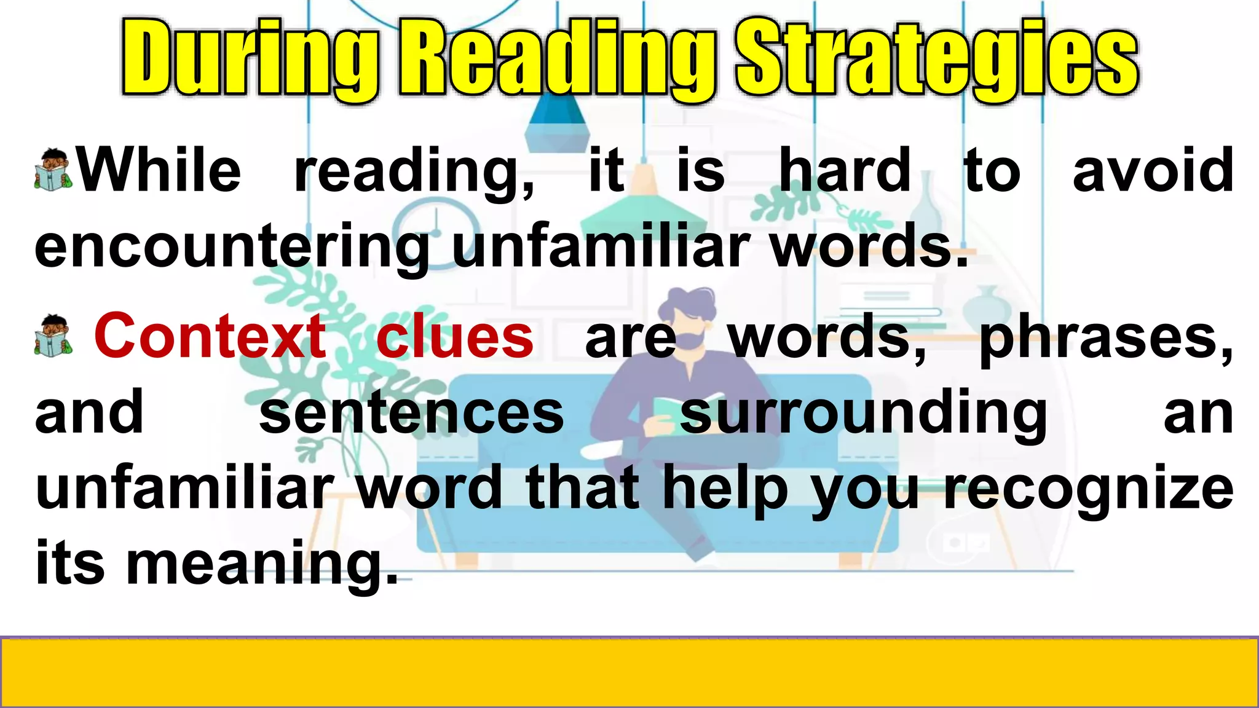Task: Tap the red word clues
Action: (454, 337)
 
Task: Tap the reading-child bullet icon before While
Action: (54, 168)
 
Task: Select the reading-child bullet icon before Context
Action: (54, 335)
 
